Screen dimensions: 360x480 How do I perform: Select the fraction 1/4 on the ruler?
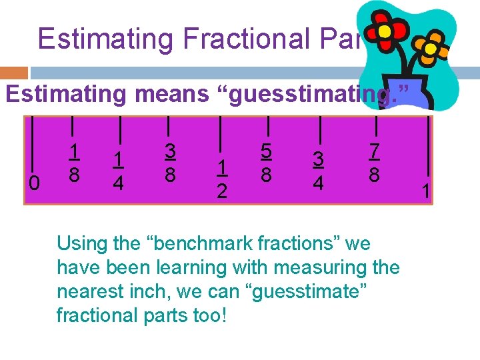pos(118,171)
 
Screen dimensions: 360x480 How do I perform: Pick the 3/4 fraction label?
pos(319,171)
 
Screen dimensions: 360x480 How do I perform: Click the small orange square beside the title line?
pos(14,73)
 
